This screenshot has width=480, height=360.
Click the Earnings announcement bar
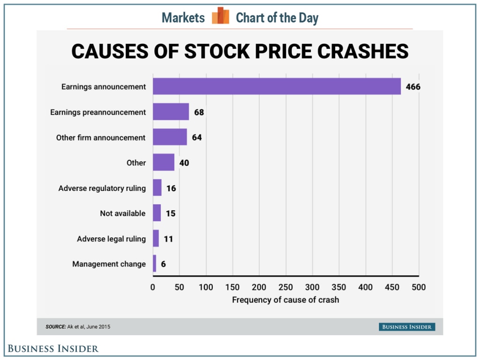[277, 86]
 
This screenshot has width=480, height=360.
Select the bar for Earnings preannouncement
[171, 112]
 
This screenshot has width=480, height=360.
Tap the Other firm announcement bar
[170, 137]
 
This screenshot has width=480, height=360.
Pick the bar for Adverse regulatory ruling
[157, 188]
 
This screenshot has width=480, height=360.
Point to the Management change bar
[154, 264]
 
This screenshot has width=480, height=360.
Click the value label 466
[413, 87]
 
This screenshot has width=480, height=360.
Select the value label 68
[199, 112]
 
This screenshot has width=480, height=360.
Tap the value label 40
[184, 163]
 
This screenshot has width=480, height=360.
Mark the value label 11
[168, 239]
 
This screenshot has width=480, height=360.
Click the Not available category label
[122, 213]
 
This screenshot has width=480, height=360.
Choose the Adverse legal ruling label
[111, 239]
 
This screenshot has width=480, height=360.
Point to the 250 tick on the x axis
[285, 287]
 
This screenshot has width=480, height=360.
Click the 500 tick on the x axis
[418, 287]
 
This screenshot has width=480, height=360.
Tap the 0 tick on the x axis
[153, 287]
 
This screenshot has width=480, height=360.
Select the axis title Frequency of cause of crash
[285, 300]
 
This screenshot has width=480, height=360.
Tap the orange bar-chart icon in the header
[220, 16]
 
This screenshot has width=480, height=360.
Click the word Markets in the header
[183, 18]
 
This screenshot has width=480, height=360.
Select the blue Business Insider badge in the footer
[407, 327]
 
